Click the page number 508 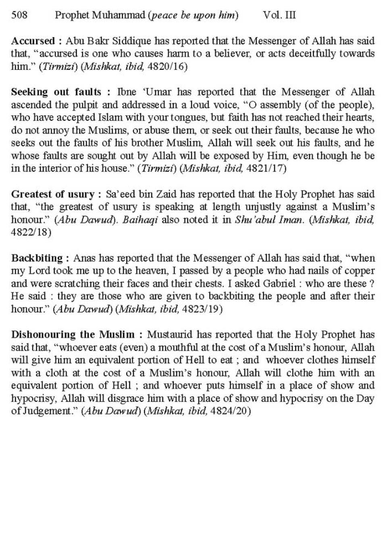pos(19,15)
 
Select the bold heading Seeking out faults pos(56,92)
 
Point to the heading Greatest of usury pos(52,194)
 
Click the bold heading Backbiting pos(37,258)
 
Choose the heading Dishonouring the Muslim pos(73,335)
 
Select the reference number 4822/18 pos(31,233)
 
